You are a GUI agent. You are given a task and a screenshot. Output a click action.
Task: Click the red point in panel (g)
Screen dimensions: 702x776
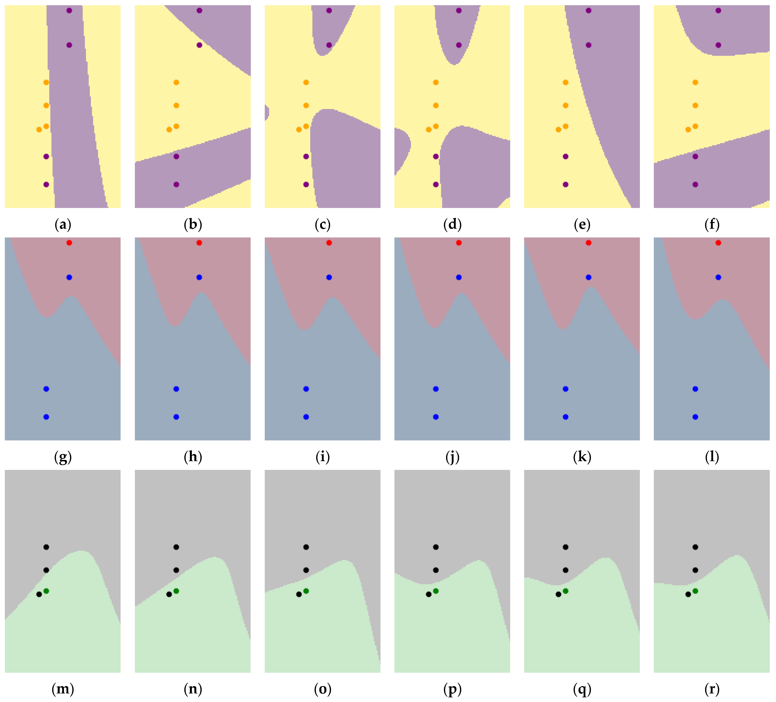click(x=69, y=243)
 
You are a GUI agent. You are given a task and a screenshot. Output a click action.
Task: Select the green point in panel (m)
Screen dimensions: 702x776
click(x=46, y=591)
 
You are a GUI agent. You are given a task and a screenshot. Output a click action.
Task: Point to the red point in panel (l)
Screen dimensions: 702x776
click(x=718, y=243)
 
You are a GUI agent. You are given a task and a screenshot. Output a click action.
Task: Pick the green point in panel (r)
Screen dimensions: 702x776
click(x=695, y=591)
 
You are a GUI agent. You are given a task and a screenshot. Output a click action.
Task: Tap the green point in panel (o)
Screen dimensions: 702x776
click(x=306, y=591)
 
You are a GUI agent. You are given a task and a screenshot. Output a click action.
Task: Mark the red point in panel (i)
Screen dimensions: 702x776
click(x=329, y=243)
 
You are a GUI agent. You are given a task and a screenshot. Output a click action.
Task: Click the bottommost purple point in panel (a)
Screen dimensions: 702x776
click(x=46, y=184)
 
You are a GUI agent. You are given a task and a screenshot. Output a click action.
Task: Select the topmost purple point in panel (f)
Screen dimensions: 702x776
click(x=718, y=10)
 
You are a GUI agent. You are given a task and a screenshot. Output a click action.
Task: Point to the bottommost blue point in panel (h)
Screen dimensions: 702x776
click(x=176, y=417)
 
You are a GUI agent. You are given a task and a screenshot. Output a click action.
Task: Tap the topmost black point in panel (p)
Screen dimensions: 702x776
click(x=436, y=547)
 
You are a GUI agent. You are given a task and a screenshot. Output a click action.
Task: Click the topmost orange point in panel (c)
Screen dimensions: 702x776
click(x=306, y=82)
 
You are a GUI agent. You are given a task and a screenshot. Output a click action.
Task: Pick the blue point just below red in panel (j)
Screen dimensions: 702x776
click(x=459, y=277)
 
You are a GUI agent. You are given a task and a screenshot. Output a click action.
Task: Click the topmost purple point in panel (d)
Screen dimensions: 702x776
click(x=459, y=10)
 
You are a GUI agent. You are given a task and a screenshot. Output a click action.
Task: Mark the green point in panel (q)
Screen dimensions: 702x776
click(x=565, y=591)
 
